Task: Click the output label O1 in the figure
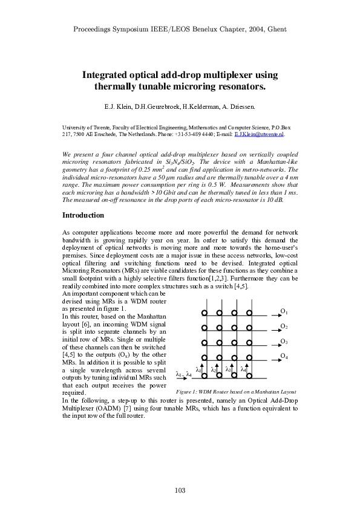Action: pos(283,311)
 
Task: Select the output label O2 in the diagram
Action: pos(283,326)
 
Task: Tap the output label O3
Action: pos(283,342)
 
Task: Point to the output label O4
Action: pos(283,357)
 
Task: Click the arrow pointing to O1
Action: pos(267,316)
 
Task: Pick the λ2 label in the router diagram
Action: pos(213,369)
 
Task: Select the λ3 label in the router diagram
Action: pos(228,368)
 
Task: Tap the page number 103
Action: pos(180,490)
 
